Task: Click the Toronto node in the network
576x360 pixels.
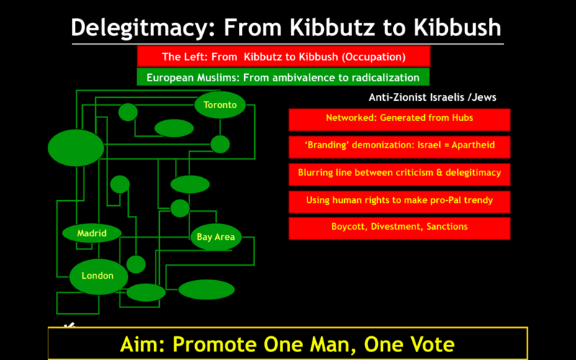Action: [220, 104]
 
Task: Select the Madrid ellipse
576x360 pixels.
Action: [92, 233]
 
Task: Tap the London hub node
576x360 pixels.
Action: [99, 276]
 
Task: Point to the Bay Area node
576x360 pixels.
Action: [216, 237]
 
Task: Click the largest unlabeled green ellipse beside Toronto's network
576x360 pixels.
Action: [76, 148]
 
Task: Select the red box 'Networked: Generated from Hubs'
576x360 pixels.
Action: [400, 120]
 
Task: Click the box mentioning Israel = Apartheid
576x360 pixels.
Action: [400, 147]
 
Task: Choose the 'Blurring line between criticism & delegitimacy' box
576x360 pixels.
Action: [400, 174]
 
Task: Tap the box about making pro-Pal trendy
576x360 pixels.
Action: [400, 202]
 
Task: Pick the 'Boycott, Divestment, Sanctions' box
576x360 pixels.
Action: [400, 228]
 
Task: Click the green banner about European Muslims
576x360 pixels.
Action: [283, 77]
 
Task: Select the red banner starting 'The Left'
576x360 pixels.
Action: [283, 56]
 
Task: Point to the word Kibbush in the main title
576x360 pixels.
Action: [457, 27]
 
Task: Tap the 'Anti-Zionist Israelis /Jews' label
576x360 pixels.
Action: [433, 97]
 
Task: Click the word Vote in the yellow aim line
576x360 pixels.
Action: [428, 344]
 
